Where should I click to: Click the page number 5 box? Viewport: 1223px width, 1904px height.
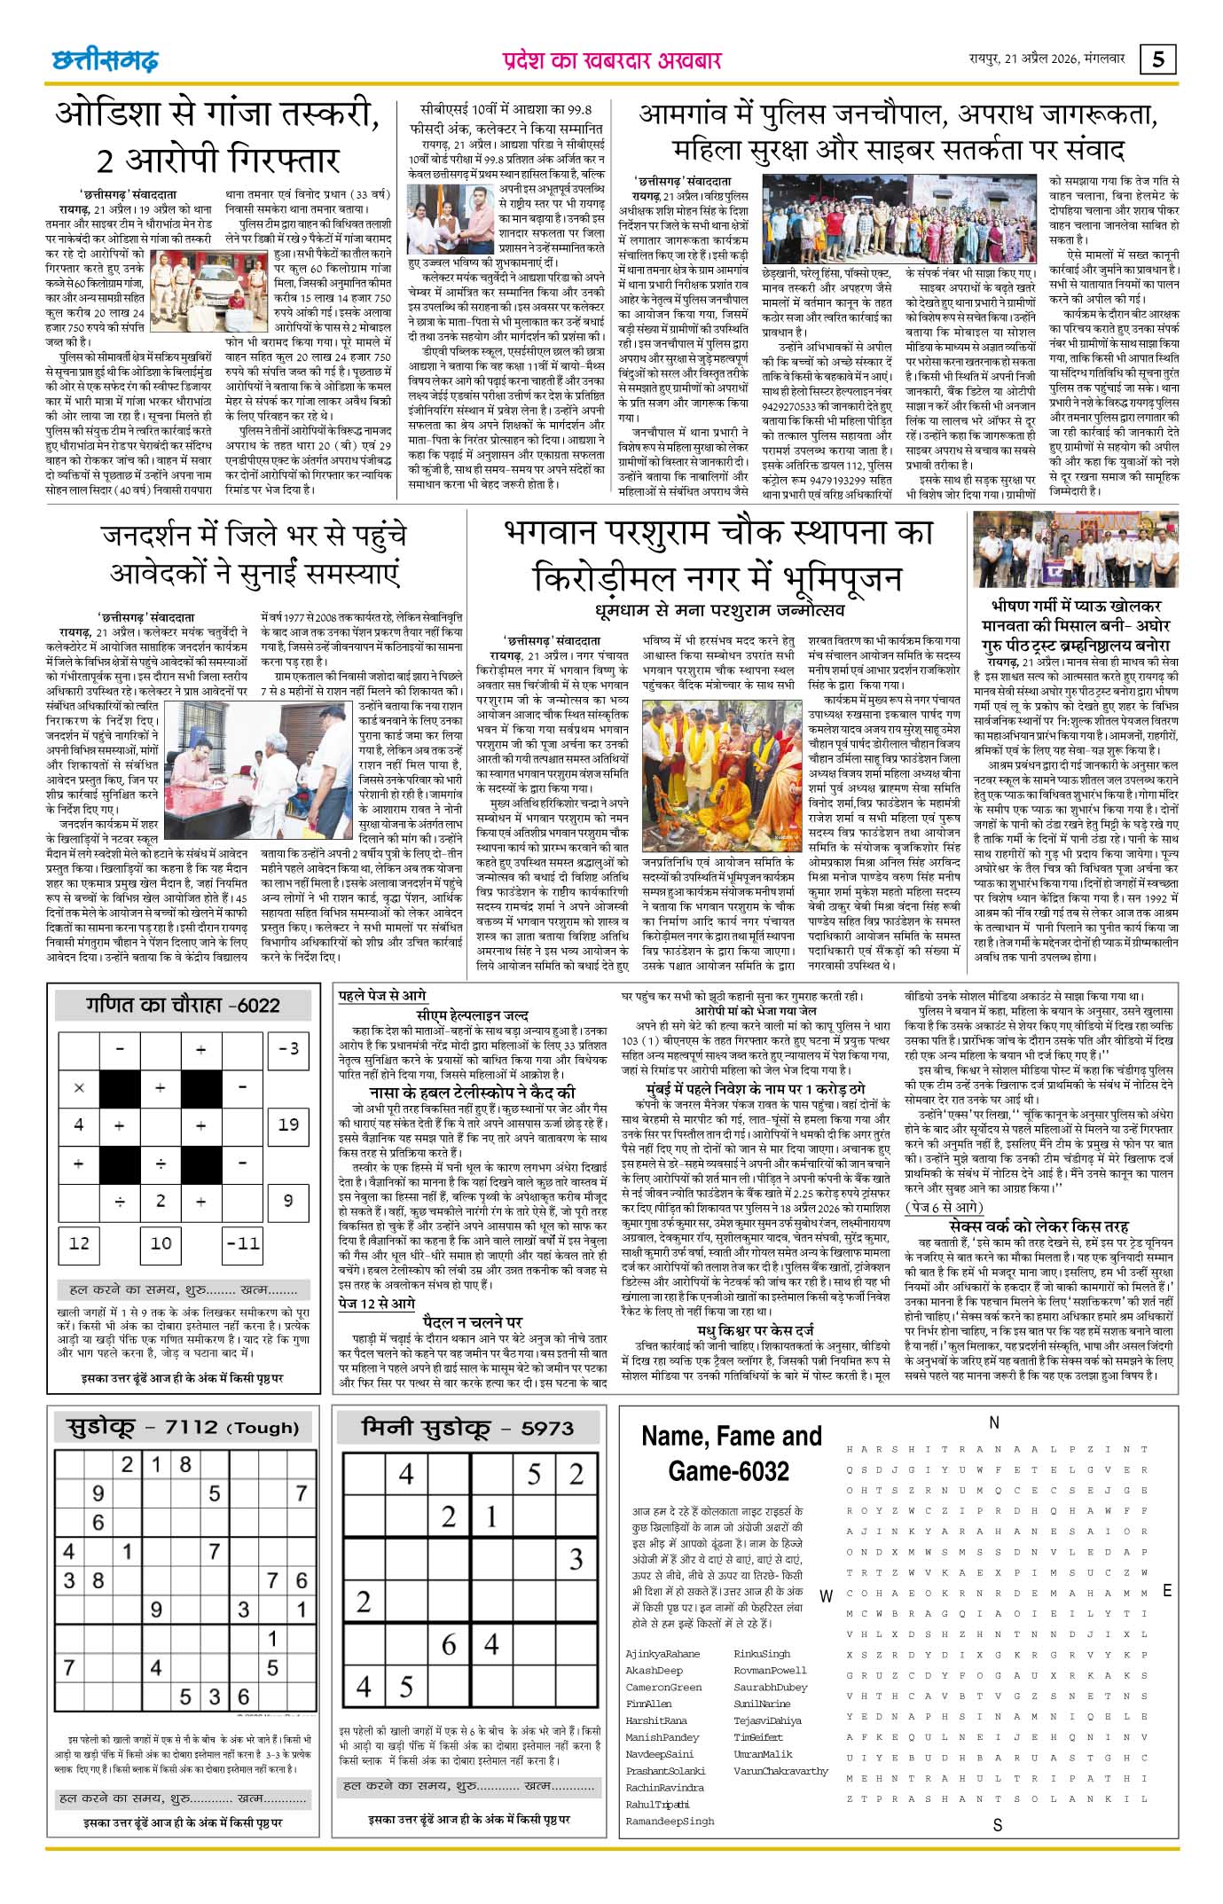tap(1158, 59)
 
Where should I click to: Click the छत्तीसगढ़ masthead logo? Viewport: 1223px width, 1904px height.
tap(105, 59)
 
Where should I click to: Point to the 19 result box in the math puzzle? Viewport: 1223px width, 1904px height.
tap(288, 1124)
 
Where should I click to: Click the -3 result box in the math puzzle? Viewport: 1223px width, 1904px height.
tap(288, 1048)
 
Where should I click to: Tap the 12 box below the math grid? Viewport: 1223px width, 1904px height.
tap(79, 1242)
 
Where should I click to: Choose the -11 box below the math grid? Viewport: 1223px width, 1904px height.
tap(242, 1242)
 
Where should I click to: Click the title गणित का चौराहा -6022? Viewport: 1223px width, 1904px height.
tap(183, 1005)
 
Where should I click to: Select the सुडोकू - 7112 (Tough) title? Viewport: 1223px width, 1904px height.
tap(183, 1427)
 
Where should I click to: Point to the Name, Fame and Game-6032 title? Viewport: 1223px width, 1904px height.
tap(731, 1453)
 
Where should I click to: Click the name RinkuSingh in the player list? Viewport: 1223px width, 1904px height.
tap(762, 1654)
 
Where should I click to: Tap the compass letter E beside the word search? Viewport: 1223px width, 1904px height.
tap(1167, 1590)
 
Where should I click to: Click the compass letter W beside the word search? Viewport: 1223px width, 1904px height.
tap(826, 1596)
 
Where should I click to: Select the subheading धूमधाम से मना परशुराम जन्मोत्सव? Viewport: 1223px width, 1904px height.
tap(719, 610)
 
